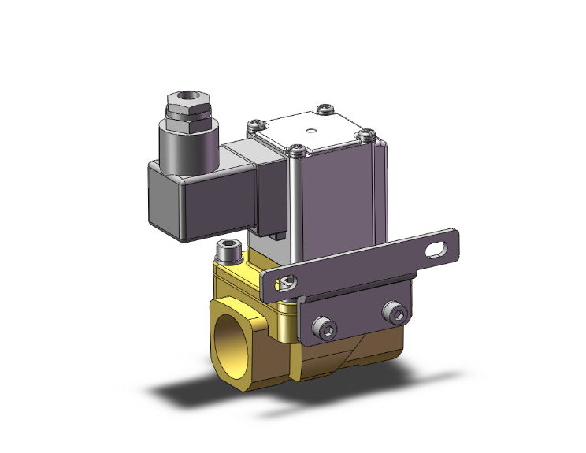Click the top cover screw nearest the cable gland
[x=254, y=123]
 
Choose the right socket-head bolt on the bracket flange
[x=395, y=316]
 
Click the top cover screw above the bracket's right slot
[x=365, y=135]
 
